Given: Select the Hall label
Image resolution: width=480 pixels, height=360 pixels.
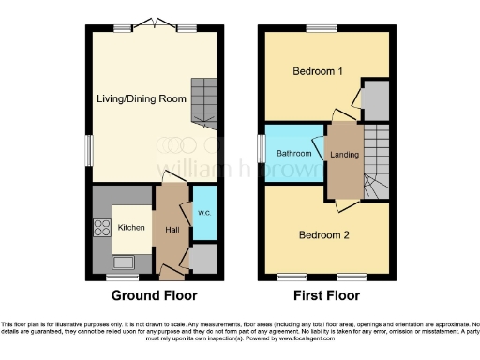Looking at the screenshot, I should click(172, 229).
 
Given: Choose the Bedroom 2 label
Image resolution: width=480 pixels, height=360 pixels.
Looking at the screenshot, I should click(324, 235).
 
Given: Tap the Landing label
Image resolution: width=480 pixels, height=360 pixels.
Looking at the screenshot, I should click(344, 154).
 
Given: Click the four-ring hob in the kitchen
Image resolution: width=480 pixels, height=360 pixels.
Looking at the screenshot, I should click(100, 227).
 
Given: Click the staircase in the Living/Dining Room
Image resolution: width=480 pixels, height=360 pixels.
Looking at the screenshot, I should click(203, 103).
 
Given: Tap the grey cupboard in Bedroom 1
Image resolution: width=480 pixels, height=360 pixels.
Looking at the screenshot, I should click(376, 99).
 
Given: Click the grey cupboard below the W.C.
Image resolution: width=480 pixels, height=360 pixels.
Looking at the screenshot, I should click(203, 258).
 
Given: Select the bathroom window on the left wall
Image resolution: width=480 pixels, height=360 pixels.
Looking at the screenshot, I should click(262, 150).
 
